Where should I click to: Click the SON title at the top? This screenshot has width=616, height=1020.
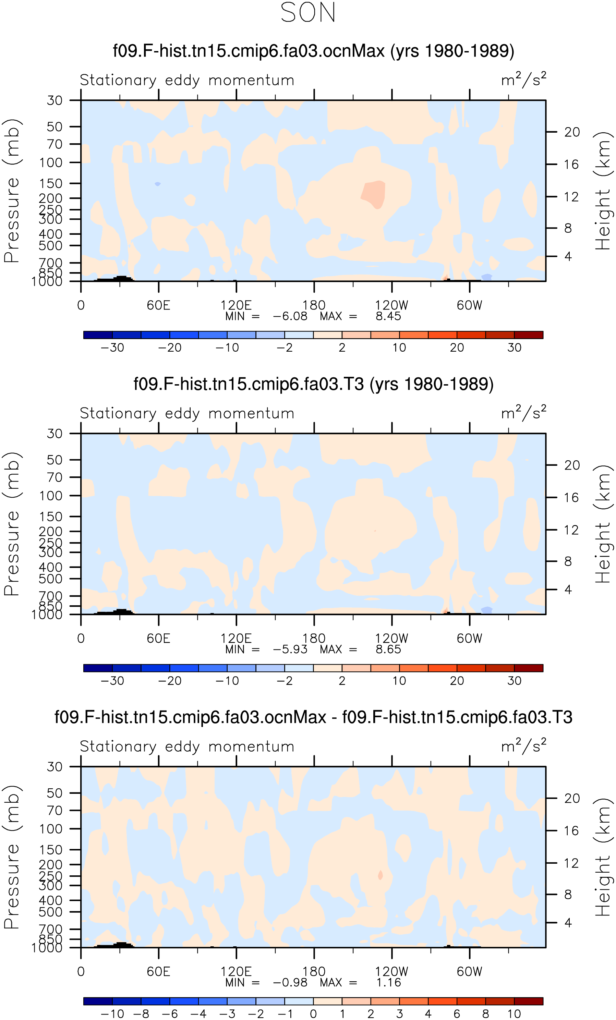(x=308, y=12)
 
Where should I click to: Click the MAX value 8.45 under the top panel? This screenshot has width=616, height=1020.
(x=388, y=316)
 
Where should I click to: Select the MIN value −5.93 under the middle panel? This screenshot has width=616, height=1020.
(x=290, y=649)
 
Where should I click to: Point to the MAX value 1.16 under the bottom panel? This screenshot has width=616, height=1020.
(x=388, y=983)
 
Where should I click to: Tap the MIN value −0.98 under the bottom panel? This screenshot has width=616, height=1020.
(x=290, y=983)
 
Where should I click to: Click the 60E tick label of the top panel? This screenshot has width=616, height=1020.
(x=159, y=305)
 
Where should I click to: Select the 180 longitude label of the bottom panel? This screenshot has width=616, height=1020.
(x=314, y=972)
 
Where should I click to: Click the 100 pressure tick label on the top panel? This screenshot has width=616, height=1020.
(x=51, y=163)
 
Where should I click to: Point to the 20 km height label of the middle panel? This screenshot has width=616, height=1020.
(x=572, y=465)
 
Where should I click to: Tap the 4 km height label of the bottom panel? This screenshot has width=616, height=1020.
(x=568, y=923)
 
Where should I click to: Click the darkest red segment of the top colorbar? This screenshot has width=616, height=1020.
(x=529, y=335)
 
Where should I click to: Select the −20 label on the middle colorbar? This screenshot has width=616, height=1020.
(x=170, y=681)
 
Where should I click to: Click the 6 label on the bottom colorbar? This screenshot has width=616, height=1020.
(x=457, y=1014)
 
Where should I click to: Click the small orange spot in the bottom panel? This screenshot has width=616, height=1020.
(x=381, y=875)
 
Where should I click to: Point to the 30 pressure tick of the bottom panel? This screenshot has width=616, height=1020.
(x=54, y=767)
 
